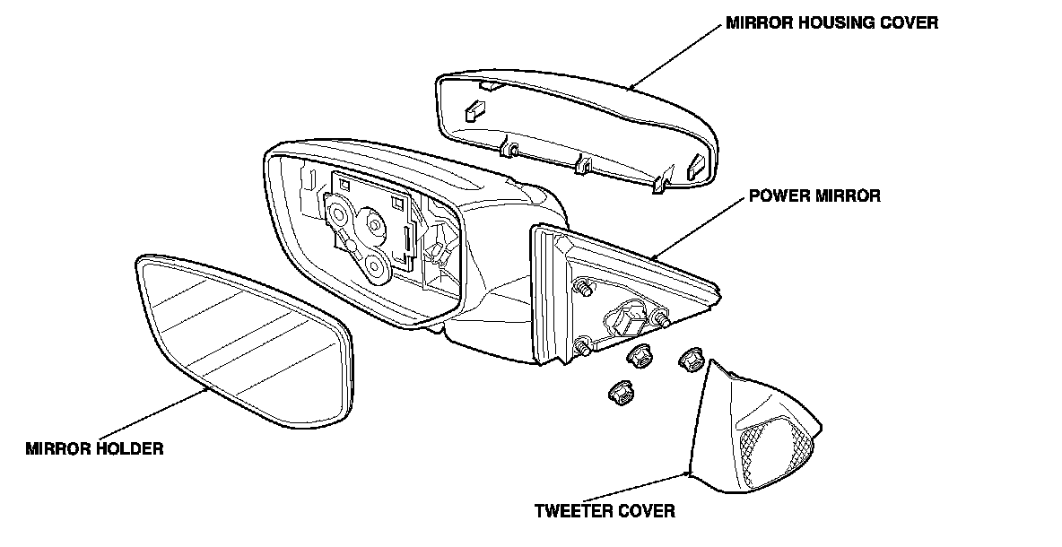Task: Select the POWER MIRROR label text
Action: [x=814, y=195]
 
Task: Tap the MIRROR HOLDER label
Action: [x=94, y=448]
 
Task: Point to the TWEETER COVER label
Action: [x=604, y=512]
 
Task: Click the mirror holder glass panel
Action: [x=242, y=341]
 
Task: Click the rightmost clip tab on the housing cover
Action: [x=697, y=164]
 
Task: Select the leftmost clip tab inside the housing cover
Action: [x=472, y=111]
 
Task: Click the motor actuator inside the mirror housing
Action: [x=368, y=229]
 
